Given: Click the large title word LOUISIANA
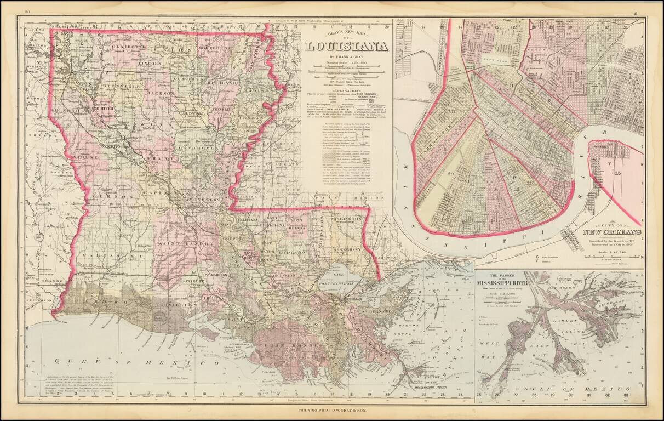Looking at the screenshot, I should (x=346, y=47).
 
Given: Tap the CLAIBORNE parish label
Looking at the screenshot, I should (x=128, y=47).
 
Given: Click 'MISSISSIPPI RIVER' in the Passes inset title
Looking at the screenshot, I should (x=509, y=283).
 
